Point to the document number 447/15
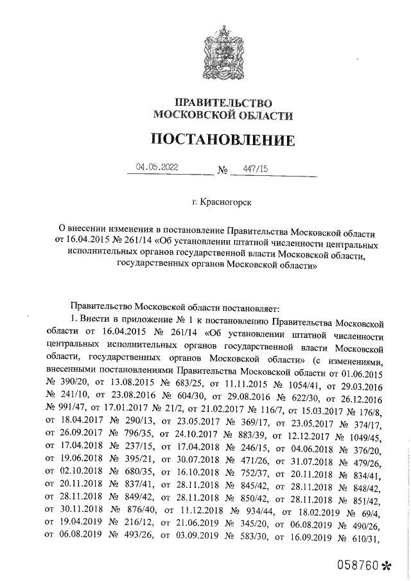point(255,168)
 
